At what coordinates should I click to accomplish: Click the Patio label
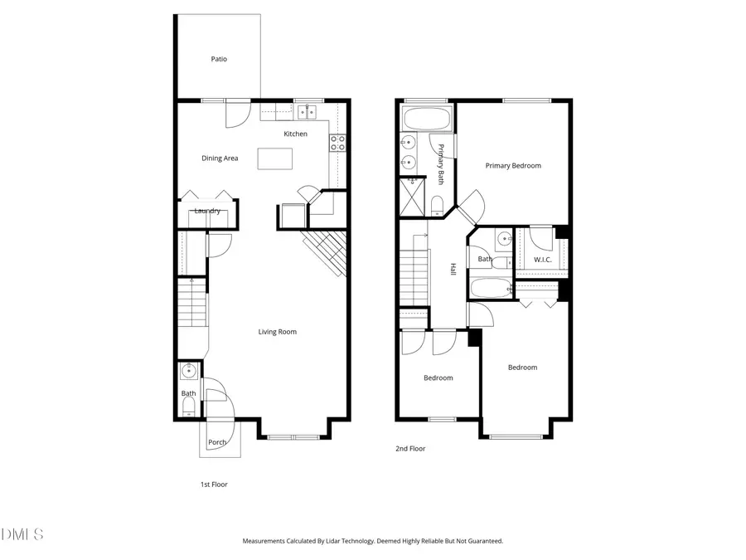[219, 59]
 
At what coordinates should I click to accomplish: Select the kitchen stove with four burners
[338, 143]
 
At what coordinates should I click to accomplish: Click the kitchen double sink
[308, 111]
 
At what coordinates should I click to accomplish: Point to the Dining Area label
[220, 158]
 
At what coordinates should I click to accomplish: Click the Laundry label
[207, 211]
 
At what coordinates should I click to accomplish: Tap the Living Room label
[277, 332]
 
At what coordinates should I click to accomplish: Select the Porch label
[217, 442]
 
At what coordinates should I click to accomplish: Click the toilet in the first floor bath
[188, 406]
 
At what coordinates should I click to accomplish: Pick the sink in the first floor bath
[188, 369]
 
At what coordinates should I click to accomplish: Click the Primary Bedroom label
[513, 166]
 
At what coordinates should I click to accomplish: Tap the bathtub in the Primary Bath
[426, 118]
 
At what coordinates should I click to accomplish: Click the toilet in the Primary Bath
[438, 203]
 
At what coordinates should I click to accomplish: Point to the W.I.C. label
[543, 260]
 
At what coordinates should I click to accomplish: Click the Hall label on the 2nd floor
[453, 270]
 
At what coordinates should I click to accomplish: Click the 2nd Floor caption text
[410, 449]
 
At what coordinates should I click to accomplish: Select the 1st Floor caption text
[214, 485]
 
